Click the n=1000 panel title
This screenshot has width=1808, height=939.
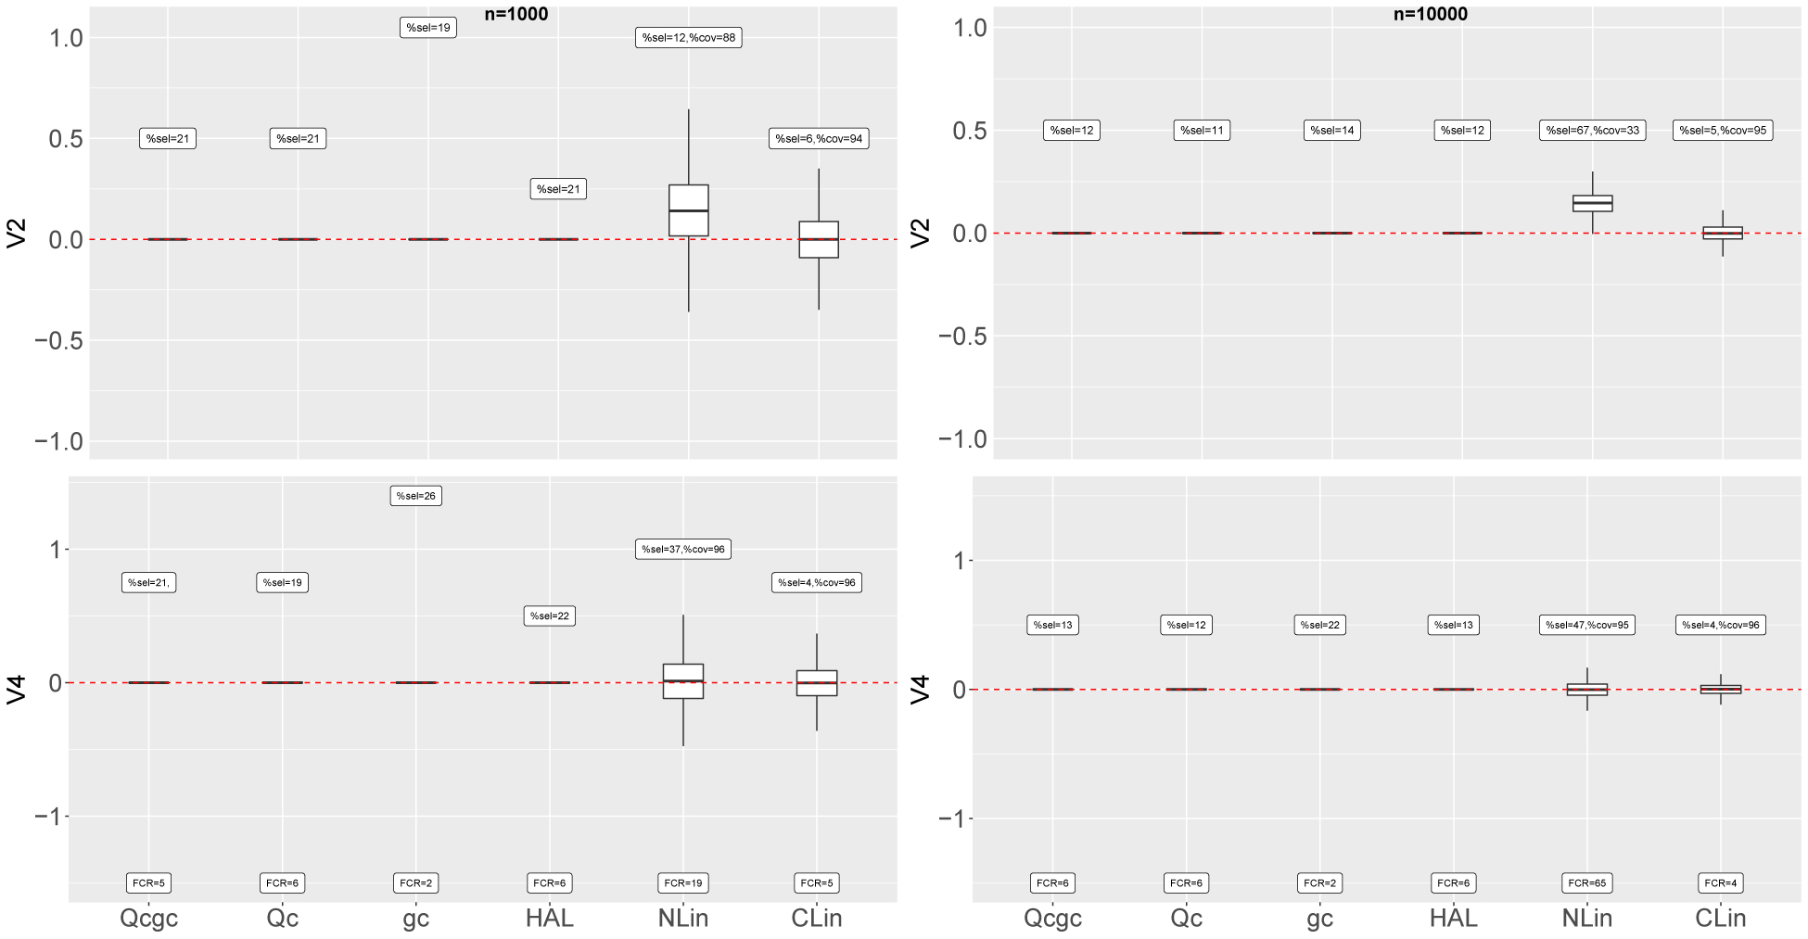[516, 14]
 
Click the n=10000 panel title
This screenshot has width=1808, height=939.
[1430, 14]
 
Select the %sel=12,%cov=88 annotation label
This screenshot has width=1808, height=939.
[688, 38]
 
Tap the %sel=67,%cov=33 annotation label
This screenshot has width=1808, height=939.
[1592, 131]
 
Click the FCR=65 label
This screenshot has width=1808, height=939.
[1586, 883]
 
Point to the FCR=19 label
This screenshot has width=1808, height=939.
[683, 883]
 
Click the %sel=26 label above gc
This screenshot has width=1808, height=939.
[415, 496]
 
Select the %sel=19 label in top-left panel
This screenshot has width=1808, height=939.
[428, 28]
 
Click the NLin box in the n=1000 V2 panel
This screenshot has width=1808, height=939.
[688, 210]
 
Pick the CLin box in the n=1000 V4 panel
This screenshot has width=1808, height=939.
[817, 682]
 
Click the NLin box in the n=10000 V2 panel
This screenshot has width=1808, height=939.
[1592, 203]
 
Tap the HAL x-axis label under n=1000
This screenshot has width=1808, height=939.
[549, 918]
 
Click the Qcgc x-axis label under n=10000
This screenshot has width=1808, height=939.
[1052, 918]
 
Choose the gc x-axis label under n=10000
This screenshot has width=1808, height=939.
[1319, 918]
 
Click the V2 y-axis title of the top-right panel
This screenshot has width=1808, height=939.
[920, 234]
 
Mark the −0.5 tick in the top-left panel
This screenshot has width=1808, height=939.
[58, 341]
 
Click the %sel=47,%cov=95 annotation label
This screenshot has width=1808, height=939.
[1586, 625]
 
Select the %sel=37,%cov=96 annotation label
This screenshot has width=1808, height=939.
[683, 550]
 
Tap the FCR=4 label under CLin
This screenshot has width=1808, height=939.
[1720, 883]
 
